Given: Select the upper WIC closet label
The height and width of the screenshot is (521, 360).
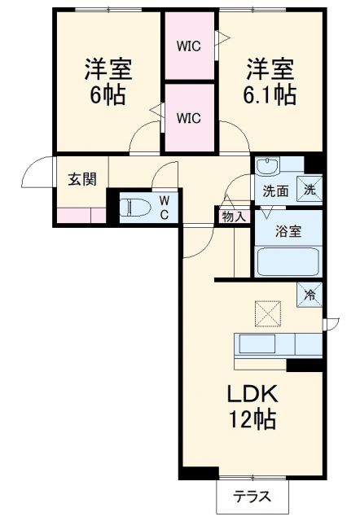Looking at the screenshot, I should (x=190, y=46).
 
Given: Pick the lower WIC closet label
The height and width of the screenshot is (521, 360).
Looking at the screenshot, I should (x=190, y=116).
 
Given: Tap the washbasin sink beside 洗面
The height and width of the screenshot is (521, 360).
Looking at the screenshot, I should (x=266, y=167).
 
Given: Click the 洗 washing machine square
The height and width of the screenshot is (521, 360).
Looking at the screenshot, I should (x=309, y=189).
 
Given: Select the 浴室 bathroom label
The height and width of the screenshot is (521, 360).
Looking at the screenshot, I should (x=288, y=230).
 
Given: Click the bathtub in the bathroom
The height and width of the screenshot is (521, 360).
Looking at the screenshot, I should (x=288, y=262).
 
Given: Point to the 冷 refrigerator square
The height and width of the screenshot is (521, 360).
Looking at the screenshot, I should (x=310, y=293).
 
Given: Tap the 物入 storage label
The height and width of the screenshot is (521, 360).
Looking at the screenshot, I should (x=233, y=216).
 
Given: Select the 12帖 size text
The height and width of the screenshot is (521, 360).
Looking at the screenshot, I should (x=252, y=420).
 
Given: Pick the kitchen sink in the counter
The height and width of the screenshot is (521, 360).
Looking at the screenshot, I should (x=259, y=344).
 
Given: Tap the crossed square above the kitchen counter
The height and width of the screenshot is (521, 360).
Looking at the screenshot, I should (x=267, y=312).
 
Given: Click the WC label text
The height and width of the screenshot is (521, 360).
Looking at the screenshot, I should (x=163, y=207).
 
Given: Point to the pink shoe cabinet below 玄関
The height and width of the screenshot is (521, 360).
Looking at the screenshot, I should (x=81, y=216).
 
